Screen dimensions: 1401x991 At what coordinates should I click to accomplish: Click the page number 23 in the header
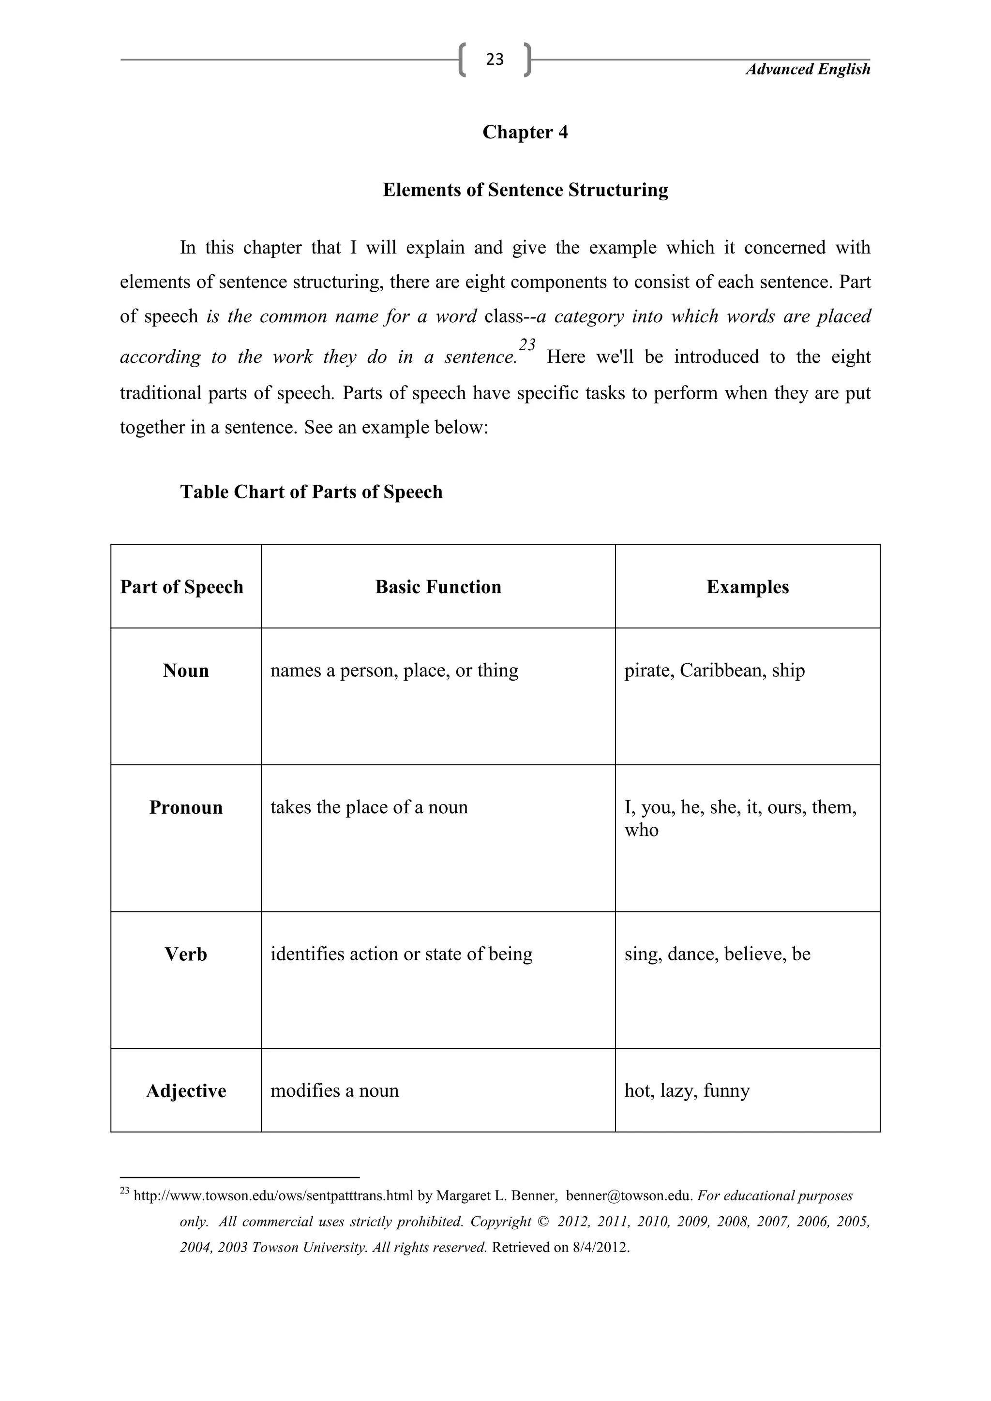coord(495,59)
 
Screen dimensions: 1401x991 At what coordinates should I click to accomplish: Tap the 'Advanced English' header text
coord(808,70)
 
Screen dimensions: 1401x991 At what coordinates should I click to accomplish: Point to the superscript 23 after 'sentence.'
coord(527,345)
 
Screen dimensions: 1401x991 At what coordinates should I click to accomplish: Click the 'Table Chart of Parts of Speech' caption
coord(311,492)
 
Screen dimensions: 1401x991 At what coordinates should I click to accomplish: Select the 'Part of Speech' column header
coord(182,587)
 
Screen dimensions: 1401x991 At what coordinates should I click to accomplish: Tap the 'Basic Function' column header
coord(438,587)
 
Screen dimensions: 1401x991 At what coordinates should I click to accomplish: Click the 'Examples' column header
coord(748,587)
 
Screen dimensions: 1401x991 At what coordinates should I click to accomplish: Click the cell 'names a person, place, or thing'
coord(394,671)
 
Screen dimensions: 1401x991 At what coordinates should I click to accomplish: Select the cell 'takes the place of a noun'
coord(369,807)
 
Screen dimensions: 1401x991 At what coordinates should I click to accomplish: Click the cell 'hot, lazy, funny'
coord(687,1090)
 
